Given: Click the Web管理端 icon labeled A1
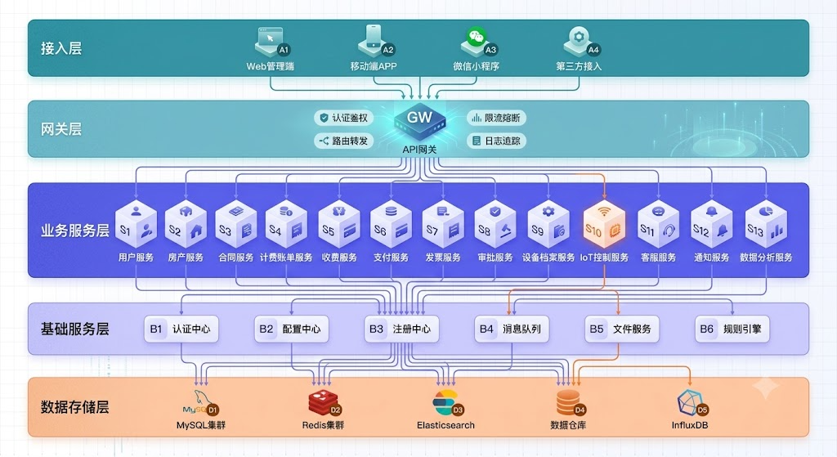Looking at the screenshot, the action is [x=271, y=42].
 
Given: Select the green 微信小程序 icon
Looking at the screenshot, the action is [x=477, y=42].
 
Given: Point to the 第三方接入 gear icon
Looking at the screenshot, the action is [x=580, y=42].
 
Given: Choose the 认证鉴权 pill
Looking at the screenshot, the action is [x=344, y=118].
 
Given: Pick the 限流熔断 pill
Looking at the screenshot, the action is [x=496, y=118].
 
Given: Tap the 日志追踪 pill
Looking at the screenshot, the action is [x=496, y=141].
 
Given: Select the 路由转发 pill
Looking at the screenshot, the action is [x=344, y=141].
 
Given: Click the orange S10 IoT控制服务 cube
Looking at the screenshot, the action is [x=604, y=224].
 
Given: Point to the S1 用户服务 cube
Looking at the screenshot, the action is [x=137, y=224].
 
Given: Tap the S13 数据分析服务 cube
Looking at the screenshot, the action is [x=766, y=224].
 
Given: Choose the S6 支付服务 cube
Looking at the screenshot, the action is [x=391, y=224].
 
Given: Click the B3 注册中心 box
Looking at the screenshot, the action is [x=401, y=329].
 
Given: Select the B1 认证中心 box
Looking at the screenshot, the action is [x=181, y=329].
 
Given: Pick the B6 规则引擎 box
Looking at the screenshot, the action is [x=732, y=329].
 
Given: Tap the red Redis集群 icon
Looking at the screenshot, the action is [x=324, y=403].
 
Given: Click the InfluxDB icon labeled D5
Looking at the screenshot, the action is [x=692, y=403].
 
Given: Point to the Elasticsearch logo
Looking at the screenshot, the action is [x=446, y=403].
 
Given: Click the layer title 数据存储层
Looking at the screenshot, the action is [x=74, y=407].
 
